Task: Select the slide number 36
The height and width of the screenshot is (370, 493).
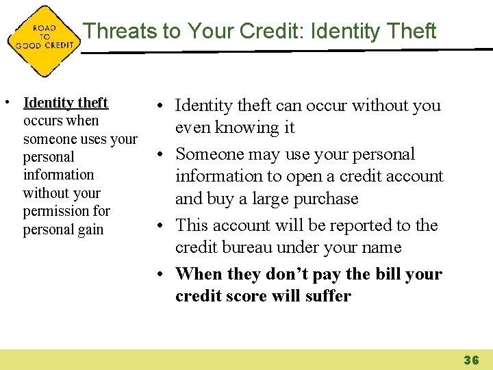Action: click(472, 360)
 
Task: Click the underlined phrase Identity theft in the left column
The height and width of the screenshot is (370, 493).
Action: click(66, 103)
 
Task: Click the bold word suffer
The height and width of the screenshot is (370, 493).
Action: click(326, 296)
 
